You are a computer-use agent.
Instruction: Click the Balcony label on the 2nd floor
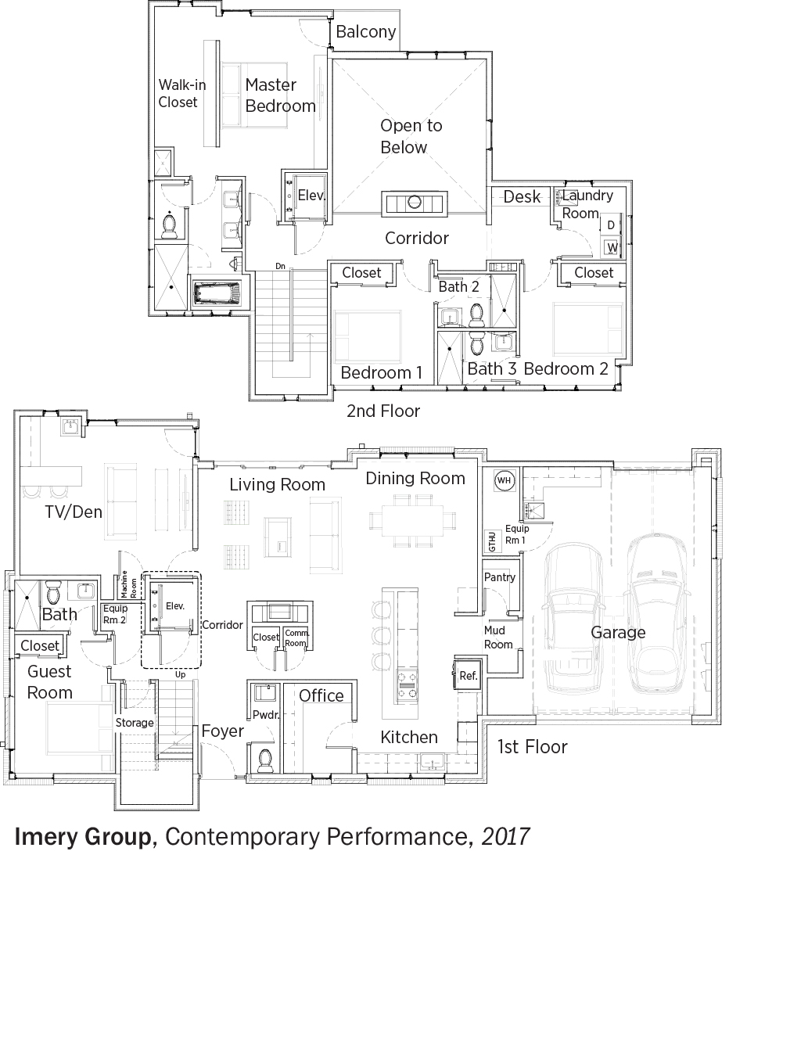coord(366,32)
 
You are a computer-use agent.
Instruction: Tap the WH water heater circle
coord(505,480)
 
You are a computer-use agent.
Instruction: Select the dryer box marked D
coord(611,225)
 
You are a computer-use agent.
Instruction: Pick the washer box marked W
coord(612,247)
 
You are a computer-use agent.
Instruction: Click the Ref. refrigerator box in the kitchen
coord(468,675)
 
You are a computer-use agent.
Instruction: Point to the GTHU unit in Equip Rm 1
coord(492,541)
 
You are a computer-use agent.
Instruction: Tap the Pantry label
coord(500,577)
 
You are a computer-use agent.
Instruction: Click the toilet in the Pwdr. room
coord(264,760)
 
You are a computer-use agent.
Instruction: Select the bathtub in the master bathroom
coord(216,293)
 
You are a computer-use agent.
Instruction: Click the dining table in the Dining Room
coord(412,521)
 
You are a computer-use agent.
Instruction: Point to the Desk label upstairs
coord(522,197)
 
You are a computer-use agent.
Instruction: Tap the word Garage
coord(618,633)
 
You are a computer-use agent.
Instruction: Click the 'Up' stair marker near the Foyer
coord(180,674)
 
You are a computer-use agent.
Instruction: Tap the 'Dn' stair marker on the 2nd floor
coord(280,266)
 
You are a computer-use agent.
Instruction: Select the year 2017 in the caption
coord(506,836)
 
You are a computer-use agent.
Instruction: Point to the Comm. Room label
coord(297,638)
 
